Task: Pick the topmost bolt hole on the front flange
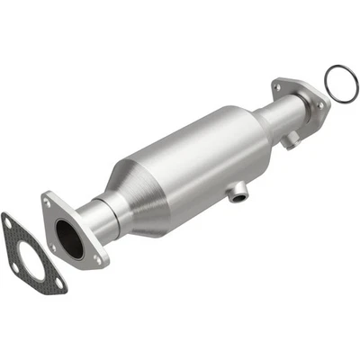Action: (48, 203)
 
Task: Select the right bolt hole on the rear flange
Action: (319, 104)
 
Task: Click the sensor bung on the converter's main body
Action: (237, 193)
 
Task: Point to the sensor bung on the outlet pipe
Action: (289, 140)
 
